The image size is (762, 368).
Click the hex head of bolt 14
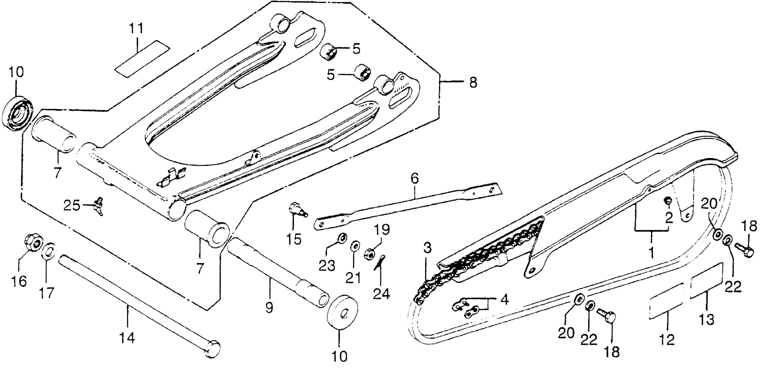click(214, 349)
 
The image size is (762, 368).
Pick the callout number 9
click(269, 308)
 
